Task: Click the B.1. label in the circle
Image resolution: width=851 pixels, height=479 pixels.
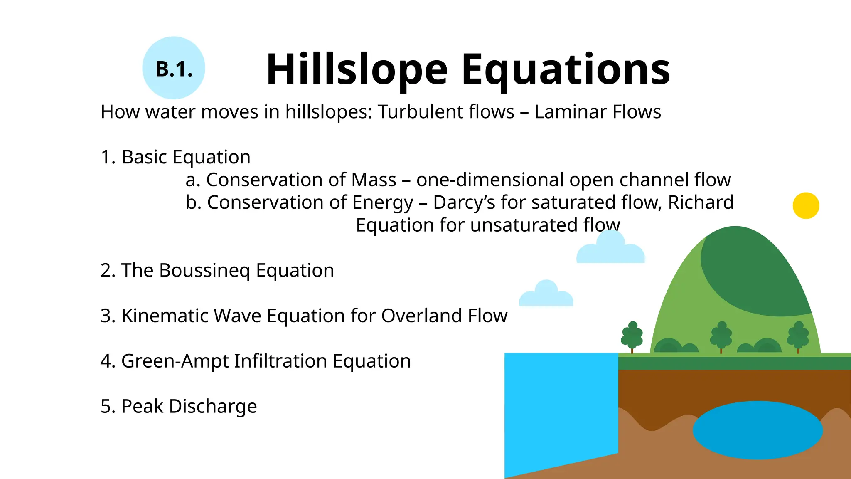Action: pyautogui.click(x=174, y=69)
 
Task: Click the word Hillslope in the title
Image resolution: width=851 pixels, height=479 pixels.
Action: pyautogui.click(x=357, y=70)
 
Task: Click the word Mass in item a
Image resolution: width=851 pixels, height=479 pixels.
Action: pyautogui.click(x=374, y=180)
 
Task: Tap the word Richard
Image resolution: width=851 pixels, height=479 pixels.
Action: pyautogui.click(x=701, y=202)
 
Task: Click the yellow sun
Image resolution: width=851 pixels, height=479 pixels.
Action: pyautogui.click(x=806, y=205)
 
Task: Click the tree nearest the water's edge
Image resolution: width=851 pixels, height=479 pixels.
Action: pyautogui.click(x=632, y=336)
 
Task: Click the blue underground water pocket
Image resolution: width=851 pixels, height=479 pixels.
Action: pyautogui.click(x=757, y=430)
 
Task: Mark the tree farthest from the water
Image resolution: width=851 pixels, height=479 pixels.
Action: pyautogui.click(x=798, y=336)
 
